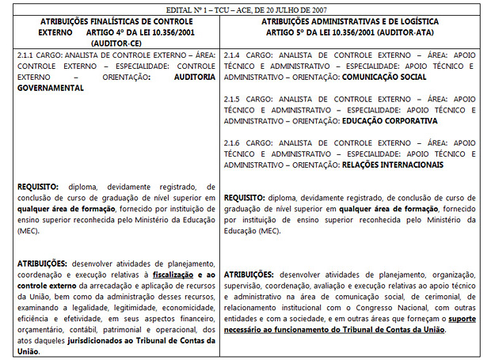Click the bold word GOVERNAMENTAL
click(x=50, y=89)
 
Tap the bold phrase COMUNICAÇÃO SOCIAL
click(x=384, y=78)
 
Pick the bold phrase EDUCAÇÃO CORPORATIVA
click(x=389, y=121)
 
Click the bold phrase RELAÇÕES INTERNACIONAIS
click(x=390, y=165)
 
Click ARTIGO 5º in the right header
click(x=295, y=33)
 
